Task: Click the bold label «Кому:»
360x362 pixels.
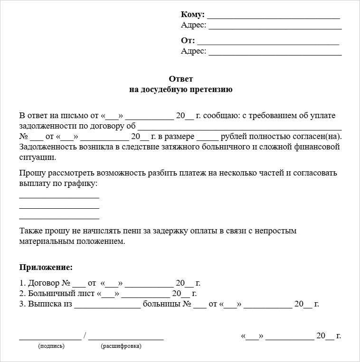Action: (x=192, y=14)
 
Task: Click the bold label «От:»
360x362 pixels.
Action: (x=188, y=40)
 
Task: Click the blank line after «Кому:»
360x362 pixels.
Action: (x=274, y=17)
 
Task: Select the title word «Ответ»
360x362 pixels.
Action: (x=181, y=79)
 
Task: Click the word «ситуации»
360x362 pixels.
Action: (x=38, y=158)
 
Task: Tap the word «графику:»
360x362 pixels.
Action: (x=81, y=183)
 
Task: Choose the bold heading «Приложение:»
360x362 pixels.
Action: (x=46, y=268)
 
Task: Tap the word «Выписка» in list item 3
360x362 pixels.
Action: (x=45, y=304)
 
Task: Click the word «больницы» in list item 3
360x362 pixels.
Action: (x=161, y=304)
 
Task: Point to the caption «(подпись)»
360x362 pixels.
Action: (x=51, y=346)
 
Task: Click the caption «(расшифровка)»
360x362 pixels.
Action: (x=121, y=346)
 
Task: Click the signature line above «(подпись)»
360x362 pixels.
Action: (x=50, y=339)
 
